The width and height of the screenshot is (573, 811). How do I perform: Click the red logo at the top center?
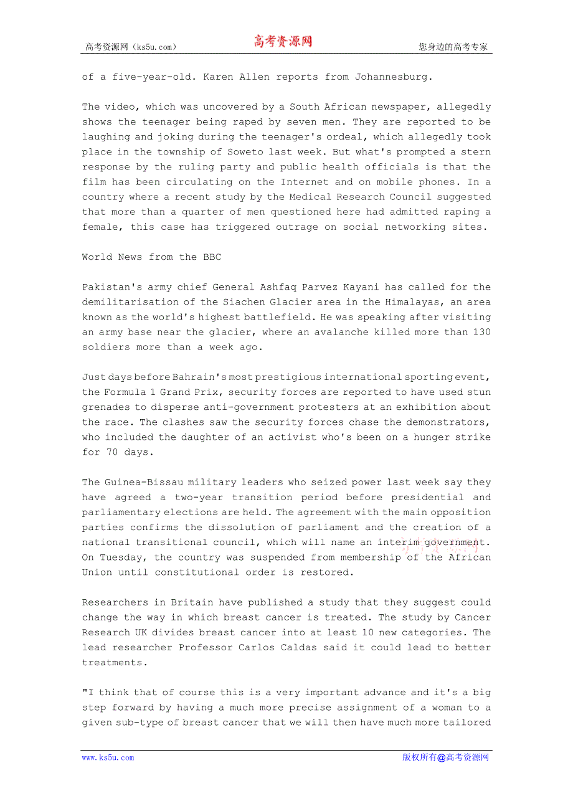tap(282, 42)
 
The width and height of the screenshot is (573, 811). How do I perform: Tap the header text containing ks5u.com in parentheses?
tap(131, 47)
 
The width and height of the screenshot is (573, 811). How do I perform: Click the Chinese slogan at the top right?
tap(453, 47)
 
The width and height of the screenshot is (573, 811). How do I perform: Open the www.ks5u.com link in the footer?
tap(108, 757)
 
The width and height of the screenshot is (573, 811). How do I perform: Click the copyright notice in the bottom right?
tap(445, 757)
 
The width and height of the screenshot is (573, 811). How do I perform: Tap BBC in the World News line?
tap(212, 257)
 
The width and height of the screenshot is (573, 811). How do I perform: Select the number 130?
tap(481, 332)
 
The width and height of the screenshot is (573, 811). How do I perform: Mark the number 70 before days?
tap(112, 452)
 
